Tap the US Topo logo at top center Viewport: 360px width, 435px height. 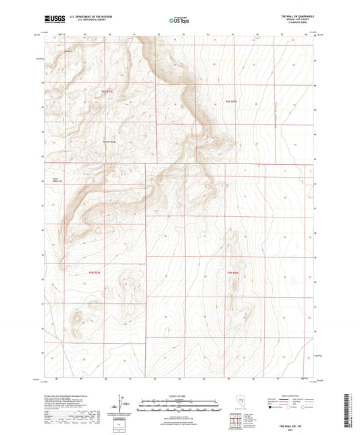[x=179, y=20]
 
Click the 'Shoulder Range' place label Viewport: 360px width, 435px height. [x=109, y=142]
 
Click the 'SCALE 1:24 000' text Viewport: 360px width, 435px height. [x=180, y=396]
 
